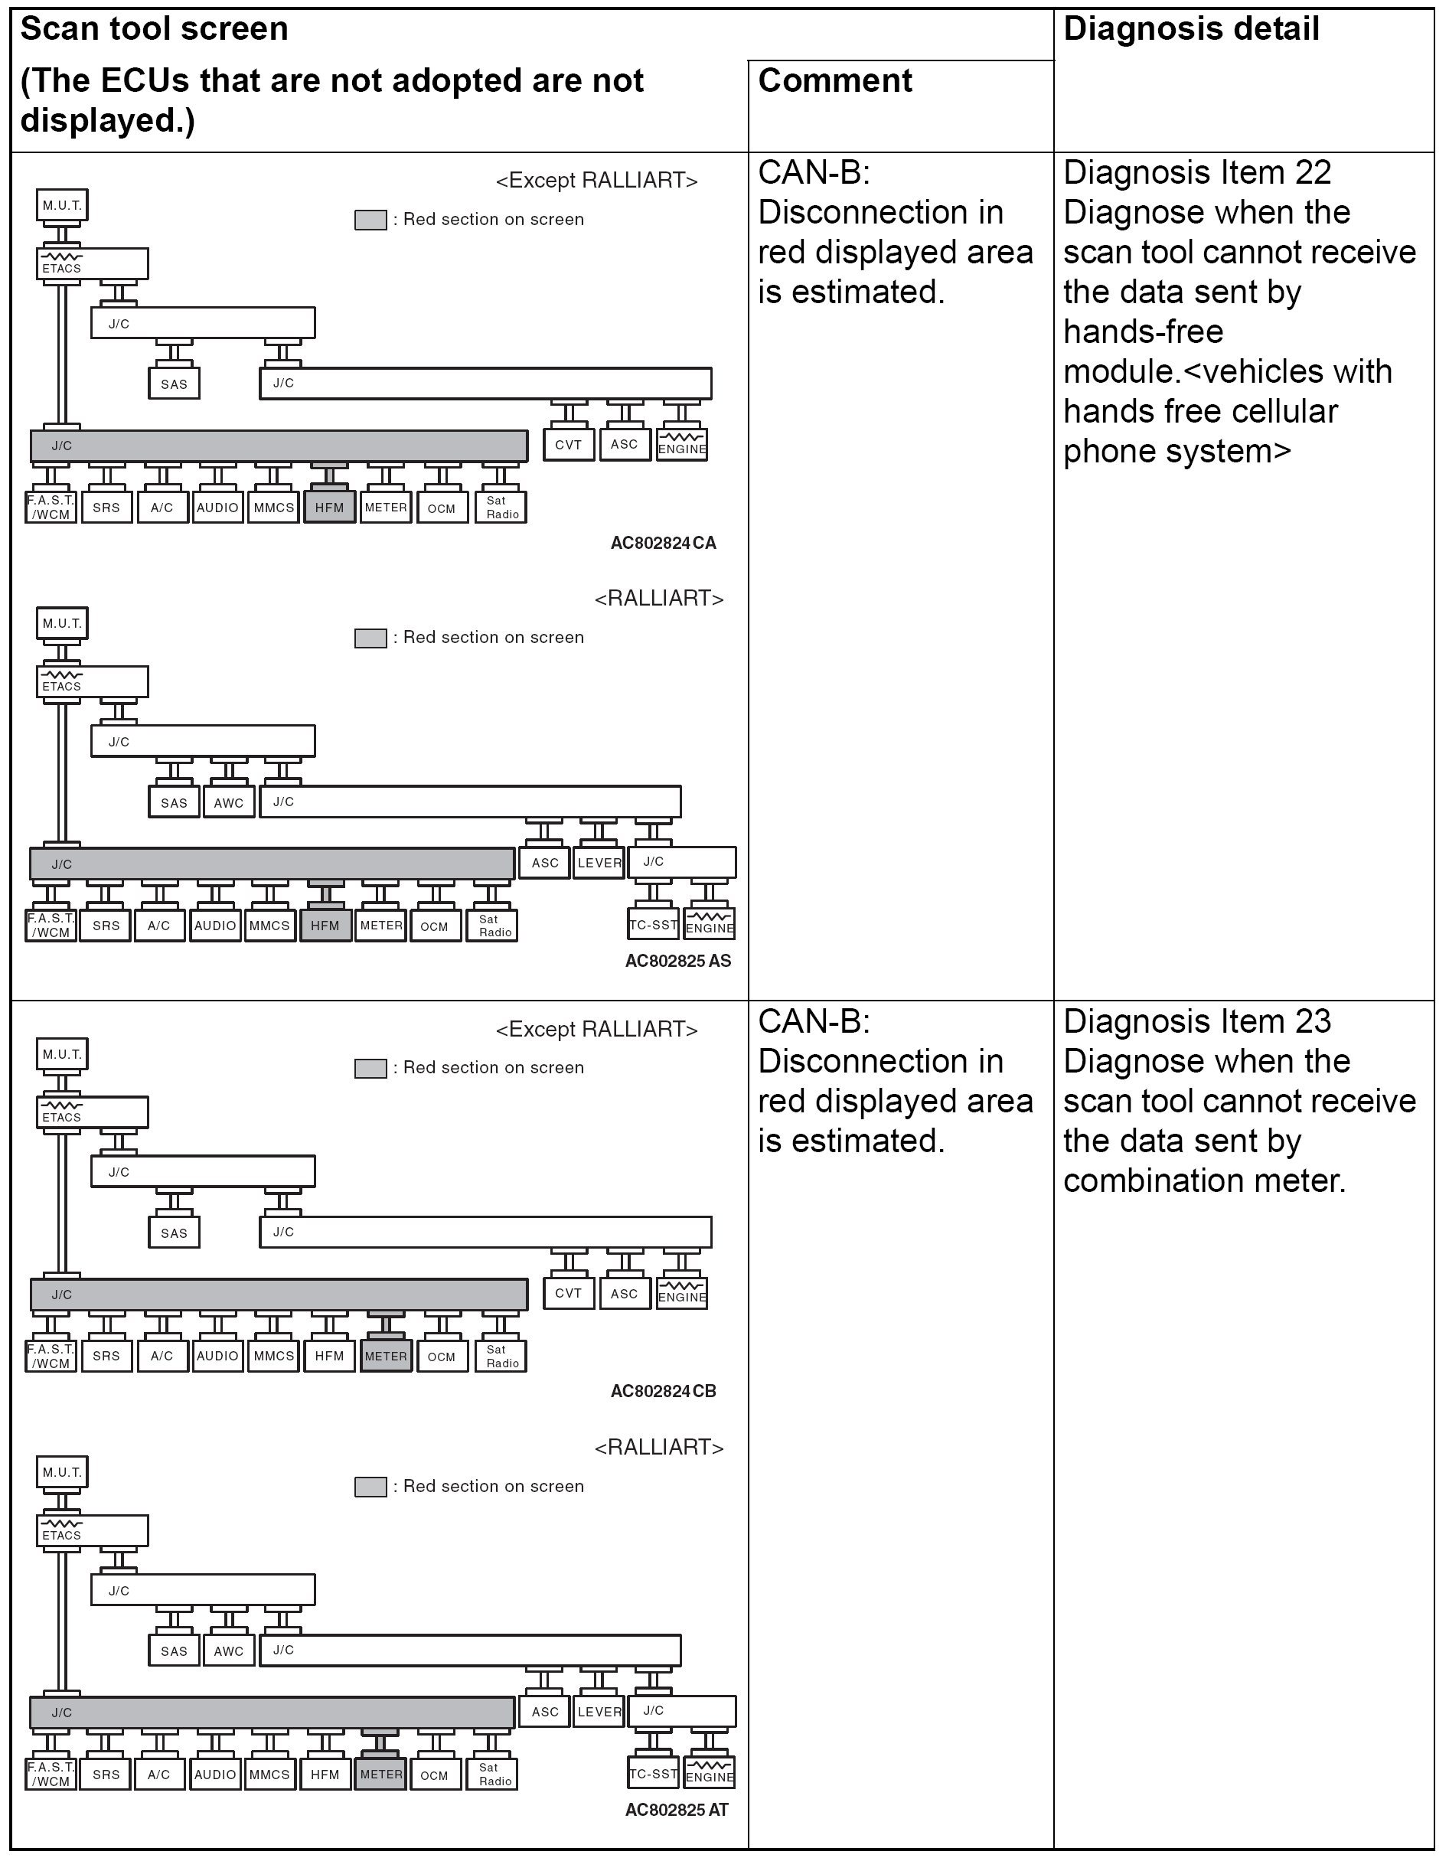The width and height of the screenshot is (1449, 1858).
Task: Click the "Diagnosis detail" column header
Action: click(x=1190, y=29)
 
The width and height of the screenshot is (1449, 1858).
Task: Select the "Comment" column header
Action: click(x=834, y=81)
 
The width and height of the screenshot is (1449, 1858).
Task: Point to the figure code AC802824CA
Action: click(x=663, y=543)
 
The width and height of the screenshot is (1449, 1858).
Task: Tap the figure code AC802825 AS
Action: click(x=677, y=961)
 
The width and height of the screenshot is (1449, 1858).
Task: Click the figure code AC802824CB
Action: click(x=663, y=1391)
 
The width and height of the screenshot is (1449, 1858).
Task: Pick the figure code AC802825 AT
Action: click(x=677, y=1810)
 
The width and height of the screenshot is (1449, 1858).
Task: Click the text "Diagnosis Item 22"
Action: click(x=1196, y=173)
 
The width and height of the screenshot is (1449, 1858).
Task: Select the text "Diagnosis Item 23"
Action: click(x=1196, y=1021)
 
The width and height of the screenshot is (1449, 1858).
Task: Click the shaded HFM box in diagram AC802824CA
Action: click(x=329, y=508)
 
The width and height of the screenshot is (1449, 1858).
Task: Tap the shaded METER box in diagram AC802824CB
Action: click(x=386, y=1356)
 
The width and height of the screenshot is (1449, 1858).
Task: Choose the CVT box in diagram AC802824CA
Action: click(x=569, y=444)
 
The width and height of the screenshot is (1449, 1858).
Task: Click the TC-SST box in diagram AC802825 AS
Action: click(x=654, y=925)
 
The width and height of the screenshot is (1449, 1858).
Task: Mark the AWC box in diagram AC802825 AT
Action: click(x=228, y=1651)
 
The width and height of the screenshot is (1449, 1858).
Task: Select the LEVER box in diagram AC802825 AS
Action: click(x=599, y=863)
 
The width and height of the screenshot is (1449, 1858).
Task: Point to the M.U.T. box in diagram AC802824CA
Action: click(x=62, y=205)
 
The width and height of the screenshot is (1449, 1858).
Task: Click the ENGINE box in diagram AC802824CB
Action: click(x=681, y=1295)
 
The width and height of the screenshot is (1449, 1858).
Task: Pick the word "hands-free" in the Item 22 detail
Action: click(x=1143, y=331)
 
